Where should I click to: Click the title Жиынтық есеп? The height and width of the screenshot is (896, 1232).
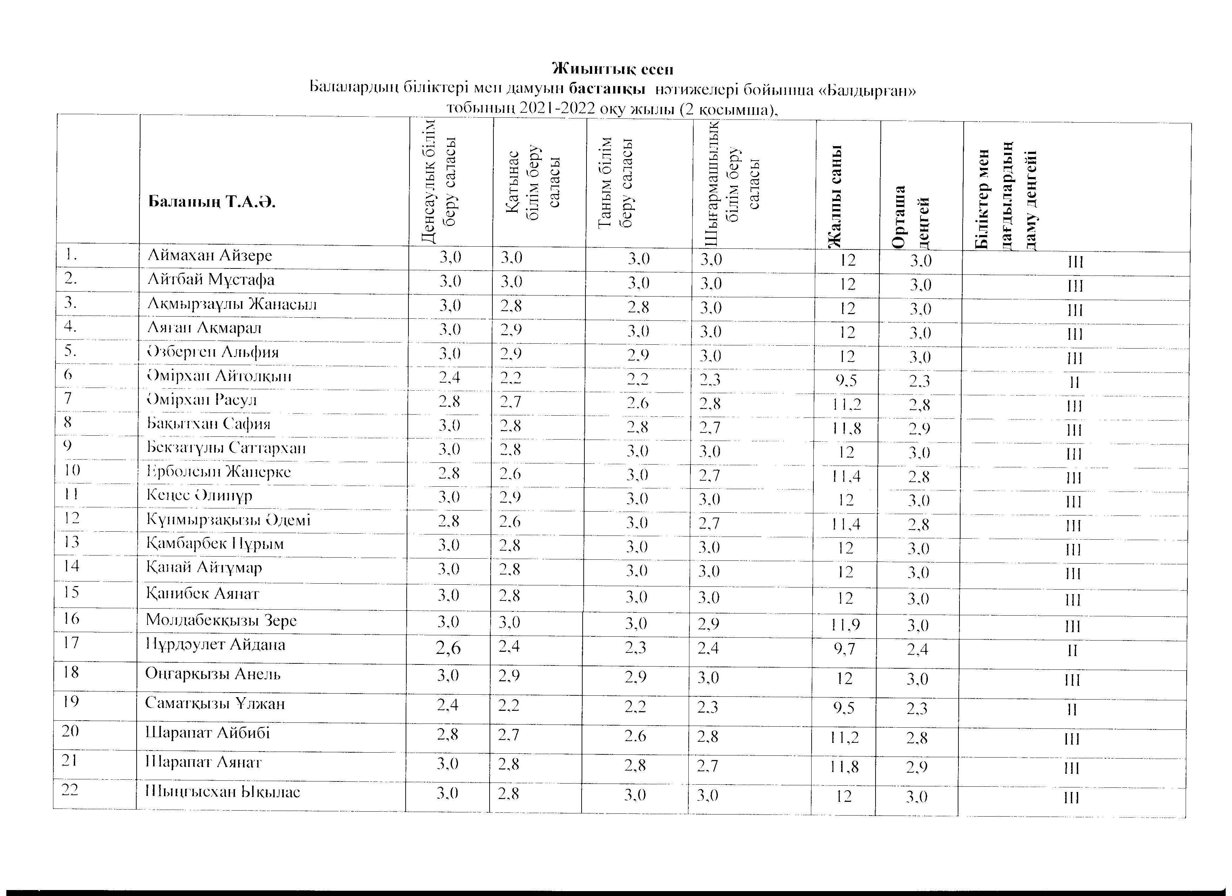pyautogui.click(x=613, y=70)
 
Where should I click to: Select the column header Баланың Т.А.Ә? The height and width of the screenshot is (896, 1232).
pyautogui.click(x=211, y=203)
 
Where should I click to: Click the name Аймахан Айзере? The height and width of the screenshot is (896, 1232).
pyautogui.click(x=210, y=255)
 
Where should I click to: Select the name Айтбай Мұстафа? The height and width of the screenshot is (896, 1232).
pyautogui.click(x=211, y=280)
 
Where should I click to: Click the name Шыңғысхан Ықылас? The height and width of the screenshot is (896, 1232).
pyautogui.click(x=222, y=792)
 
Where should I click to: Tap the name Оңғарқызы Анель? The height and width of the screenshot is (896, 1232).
pyautogui.click(x=212, y=674)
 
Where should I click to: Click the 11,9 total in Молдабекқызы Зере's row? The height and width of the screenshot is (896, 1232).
pyautogui.click(x=845, y=625)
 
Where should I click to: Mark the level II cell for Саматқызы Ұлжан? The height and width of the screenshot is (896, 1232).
pyautogui.click(x=1072, y=710)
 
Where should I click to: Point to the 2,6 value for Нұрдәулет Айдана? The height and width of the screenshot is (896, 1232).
pyautogui.click(x=448, y=648)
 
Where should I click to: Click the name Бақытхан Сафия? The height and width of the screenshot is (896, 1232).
pyautogui.click(x=209, y=423)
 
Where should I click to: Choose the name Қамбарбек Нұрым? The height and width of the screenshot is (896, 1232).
pyautogui.click(x=215, y=543)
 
